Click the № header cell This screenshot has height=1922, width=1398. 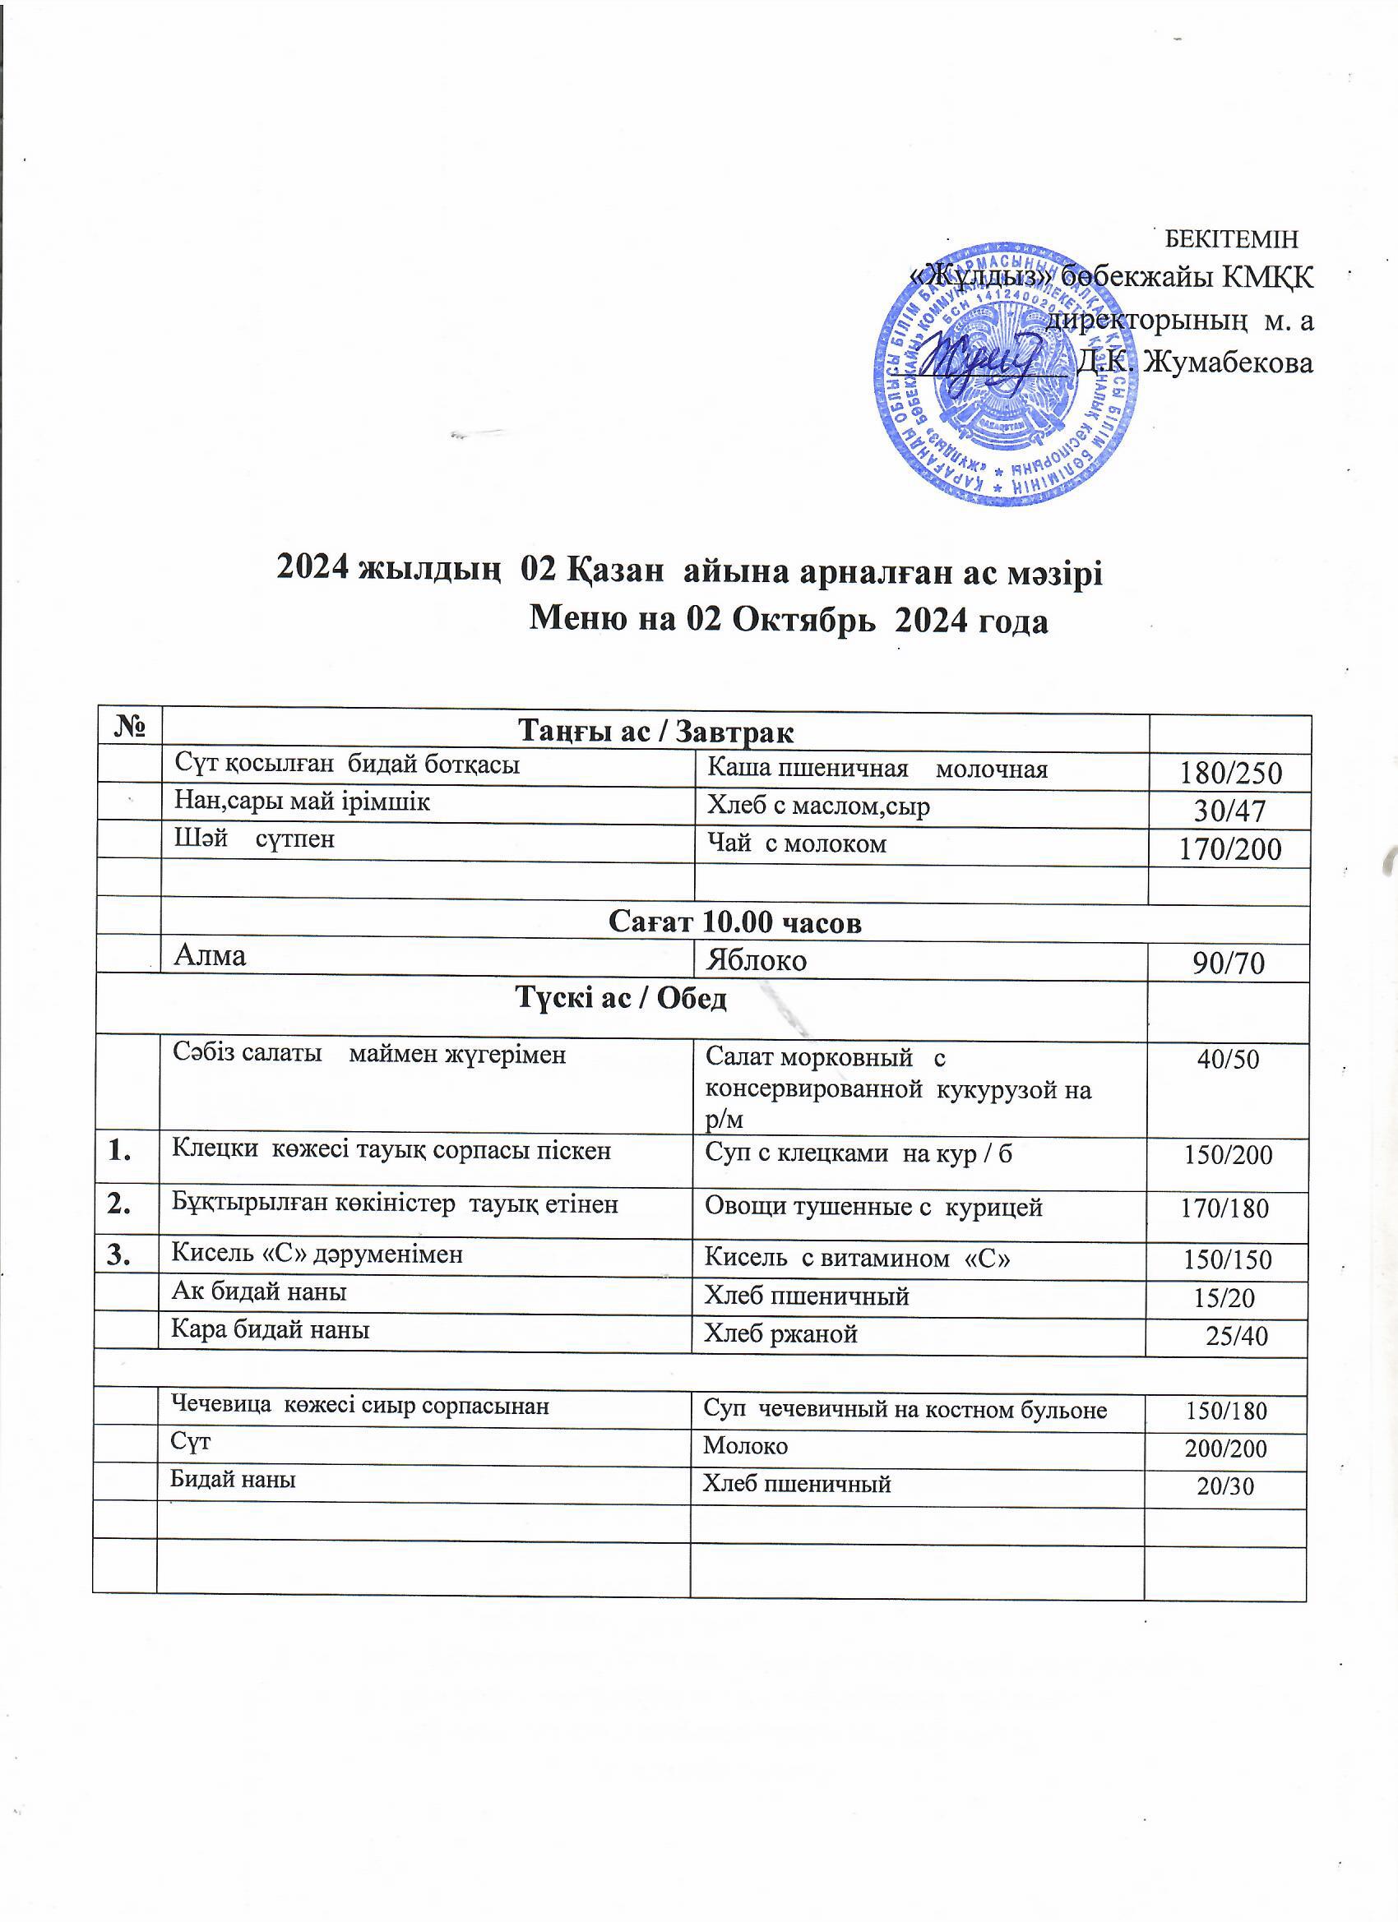coord(129,727)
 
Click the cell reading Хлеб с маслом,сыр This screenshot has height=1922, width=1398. coord(819,806)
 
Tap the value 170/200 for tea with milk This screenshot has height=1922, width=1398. coord(1230,849)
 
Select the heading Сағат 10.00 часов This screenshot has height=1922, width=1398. coord(735,923)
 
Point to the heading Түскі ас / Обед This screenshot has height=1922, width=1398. coord(623,999)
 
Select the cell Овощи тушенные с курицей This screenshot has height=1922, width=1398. coord(873,1208)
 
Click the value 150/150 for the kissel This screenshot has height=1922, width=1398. coord(1228,1259)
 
